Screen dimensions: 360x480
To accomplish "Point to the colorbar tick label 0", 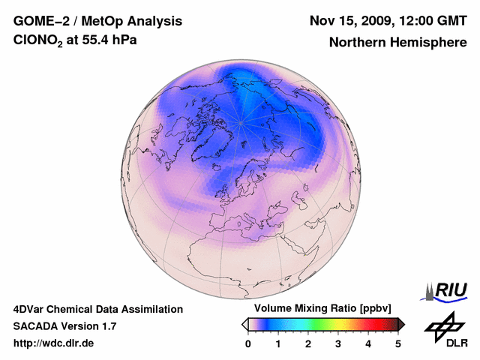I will pyautogui.click(x=248, y=343).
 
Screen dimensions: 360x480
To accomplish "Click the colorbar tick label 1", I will pyautogui.click(x=278, y=343).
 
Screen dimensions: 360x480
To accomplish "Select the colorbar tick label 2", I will pyautogui.click(x=308, y=343).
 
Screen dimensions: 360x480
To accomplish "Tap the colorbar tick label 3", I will pyautogui.click(x=338, y=343).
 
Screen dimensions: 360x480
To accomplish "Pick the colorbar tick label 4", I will pyautogui.click(x=368, y=343).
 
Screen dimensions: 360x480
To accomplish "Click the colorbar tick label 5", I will pyautogui.click(x=398, y=343).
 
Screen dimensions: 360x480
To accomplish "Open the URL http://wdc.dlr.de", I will pyautogui.click(x=54, y=343).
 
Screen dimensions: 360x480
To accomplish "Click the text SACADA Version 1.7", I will pyautogui.click(x=64, y=326).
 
